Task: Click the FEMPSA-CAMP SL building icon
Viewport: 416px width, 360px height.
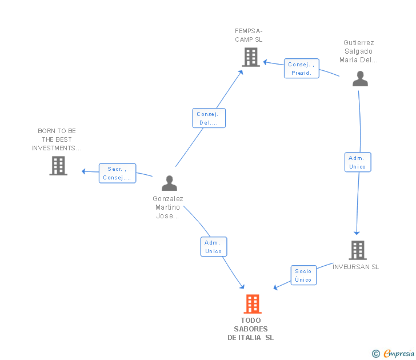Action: click(251, 57)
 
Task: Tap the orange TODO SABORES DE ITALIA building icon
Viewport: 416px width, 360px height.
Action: click(253, 304)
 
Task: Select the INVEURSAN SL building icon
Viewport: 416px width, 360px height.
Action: click(358, 250)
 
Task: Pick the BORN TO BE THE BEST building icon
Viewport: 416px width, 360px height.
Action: click(58, 166)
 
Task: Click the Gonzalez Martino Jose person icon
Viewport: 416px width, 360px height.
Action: click(169, 183)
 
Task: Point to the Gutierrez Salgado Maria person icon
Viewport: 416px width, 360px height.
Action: click(360, 78)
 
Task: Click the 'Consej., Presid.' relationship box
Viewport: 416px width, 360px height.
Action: click(301, 69)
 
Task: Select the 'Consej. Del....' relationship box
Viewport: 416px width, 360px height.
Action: click(209, 118)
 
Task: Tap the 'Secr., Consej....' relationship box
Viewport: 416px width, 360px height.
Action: click(117, 173)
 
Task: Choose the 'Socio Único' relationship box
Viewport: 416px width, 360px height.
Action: click(303, 275)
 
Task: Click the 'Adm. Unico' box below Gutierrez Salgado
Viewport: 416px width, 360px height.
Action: click(358, 162)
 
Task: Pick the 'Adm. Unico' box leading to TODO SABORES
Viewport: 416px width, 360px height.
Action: click(214, 247)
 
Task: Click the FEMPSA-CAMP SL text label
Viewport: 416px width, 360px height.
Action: click(249, 35)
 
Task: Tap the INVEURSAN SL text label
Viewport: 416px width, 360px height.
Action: click(355, 267)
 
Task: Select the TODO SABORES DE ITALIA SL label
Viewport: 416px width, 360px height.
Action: click(251, 329)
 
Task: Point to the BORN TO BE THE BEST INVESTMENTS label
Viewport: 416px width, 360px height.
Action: click(57, 139)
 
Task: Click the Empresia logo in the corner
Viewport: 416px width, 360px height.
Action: click(399, 353)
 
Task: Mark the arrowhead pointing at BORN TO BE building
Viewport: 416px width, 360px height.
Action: click(83, 171)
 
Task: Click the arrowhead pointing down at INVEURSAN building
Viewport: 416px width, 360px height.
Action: click(357, 233)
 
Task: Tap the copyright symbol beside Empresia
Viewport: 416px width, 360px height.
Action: click(376, 354)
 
